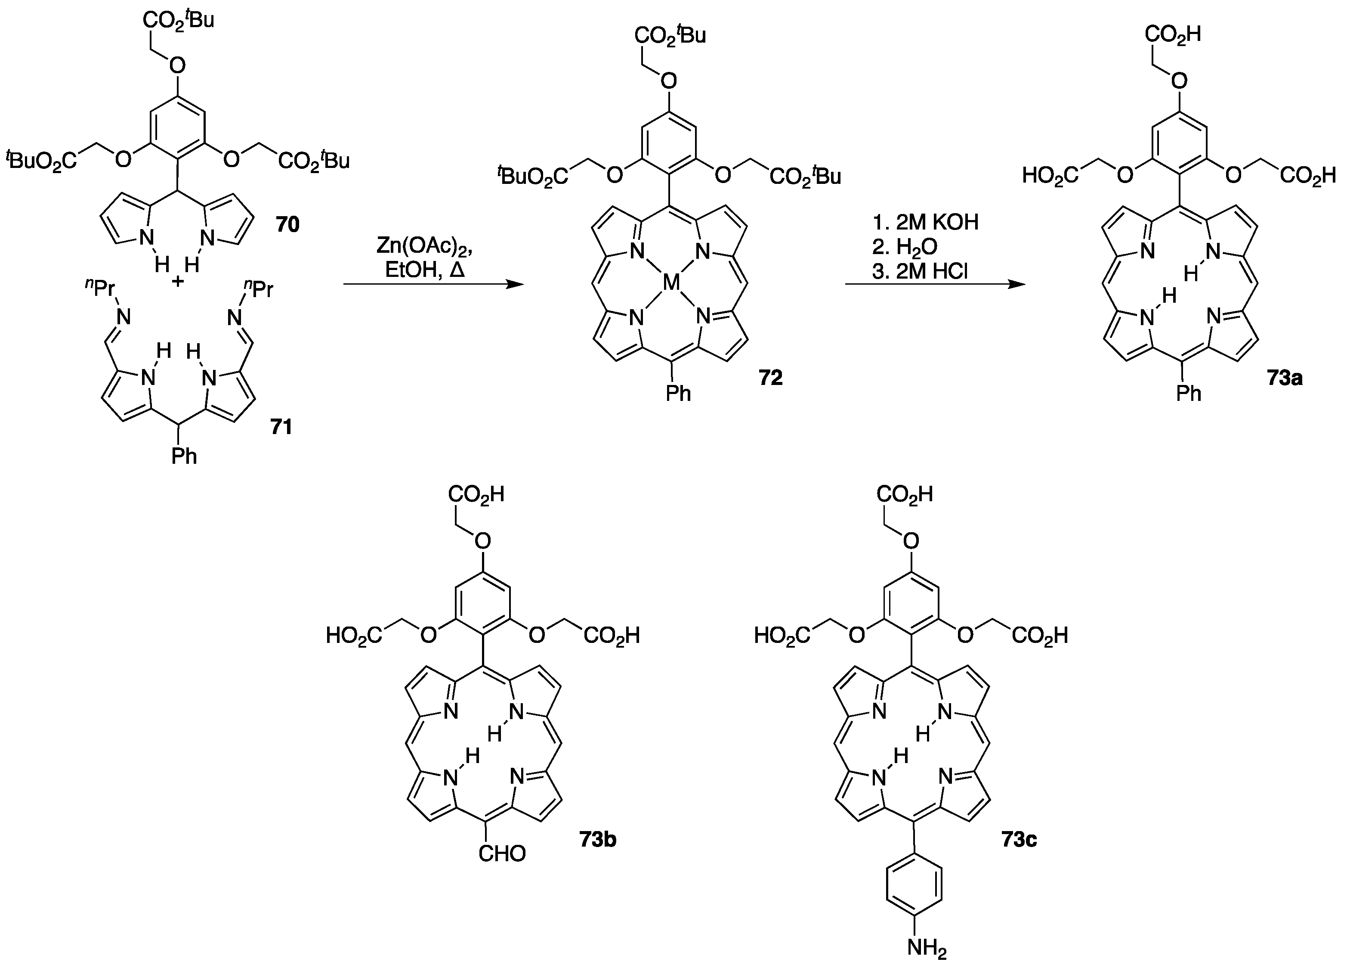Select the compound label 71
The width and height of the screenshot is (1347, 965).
pos(281,427)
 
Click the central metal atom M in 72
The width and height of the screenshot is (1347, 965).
pos(670,283)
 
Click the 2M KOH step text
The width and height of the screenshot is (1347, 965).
pos(931,222)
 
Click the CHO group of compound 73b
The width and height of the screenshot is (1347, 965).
pos(502,854)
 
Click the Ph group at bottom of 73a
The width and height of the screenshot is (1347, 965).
pos(1189,393)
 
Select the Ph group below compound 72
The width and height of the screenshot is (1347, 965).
pos(678,393)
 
